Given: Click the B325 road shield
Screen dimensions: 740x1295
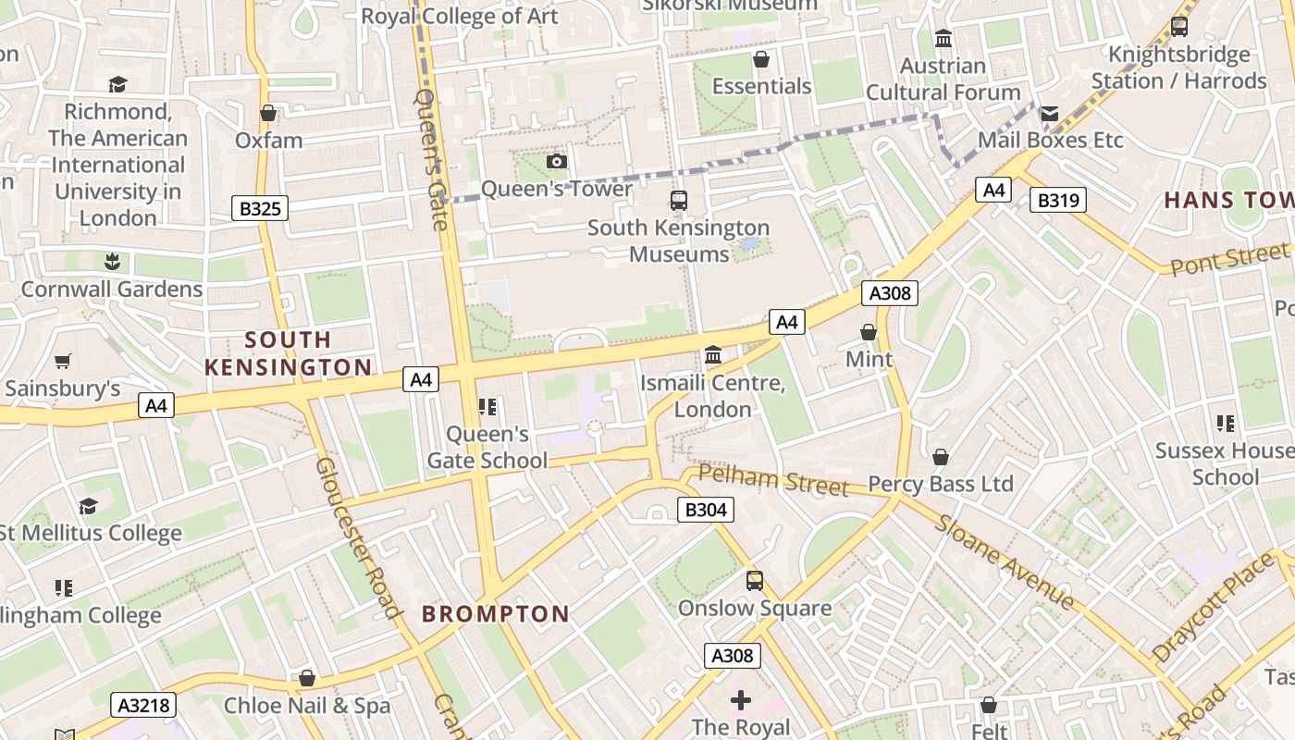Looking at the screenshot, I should tap(260, 208).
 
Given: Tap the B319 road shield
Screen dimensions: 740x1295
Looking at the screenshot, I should tap(1058, 200).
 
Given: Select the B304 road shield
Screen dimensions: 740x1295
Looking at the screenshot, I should tap(706, 509).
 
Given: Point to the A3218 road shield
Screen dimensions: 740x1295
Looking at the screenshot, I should tap(143, 705).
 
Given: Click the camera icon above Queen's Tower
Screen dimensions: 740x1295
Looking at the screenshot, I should tap(556, 162).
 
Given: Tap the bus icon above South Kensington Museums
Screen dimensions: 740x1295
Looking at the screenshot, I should tap(679, 200).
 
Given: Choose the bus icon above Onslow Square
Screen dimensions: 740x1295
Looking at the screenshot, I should tap(755, 581).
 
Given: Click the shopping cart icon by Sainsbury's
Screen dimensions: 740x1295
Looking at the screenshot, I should tap(63, 362).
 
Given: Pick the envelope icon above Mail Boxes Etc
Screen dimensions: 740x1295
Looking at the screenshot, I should tap(1050, 114).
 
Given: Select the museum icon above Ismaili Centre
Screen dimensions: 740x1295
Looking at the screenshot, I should tap(713, 355).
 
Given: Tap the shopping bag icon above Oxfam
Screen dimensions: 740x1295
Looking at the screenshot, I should tap(268, 113).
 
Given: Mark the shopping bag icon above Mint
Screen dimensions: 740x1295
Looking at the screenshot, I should tap(869, 331).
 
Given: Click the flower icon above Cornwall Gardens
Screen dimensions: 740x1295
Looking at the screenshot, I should tap(112, 262).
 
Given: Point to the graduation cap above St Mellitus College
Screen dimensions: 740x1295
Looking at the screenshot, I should tap(88, 506).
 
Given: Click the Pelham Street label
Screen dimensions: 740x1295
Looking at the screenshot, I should tap(773, 479).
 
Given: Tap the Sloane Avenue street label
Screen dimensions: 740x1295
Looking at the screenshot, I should tap(1005, 562).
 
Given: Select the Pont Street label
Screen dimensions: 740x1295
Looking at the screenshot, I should tap(1229, 258).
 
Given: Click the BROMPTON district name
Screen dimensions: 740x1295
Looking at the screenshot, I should tap(496, 613).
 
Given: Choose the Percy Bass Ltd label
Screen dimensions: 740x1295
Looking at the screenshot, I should tap(941, 484).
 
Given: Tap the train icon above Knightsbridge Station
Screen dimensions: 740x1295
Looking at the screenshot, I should tap(1178, 27).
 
